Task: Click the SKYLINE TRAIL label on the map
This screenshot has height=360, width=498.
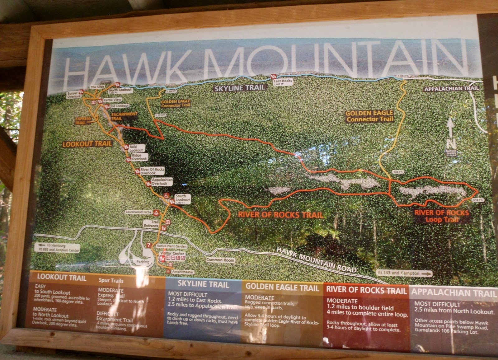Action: pyautogui.click(x=240, y=88)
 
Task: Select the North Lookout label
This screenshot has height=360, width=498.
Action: pyautogui.click(x=120, y=90)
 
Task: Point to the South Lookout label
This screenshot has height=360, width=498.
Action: pyautogui.click(x=182, y=198)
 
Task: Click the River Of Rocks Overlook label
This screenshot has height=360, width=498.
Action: pyautogui.click(x=152, y=171)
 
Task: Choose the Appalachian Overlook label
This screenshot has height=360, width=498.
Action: pyautogui.click(x=162, y=182)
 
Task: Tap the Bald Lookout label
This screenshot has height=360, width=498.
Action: pyautogui.click(x=136, y=148)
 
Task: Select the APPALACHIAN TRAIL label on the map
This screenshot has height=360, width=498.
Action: pyautogui.click(x=451, y=89)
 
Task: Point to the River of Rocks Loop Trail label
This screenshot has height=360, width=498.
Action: pyautogui.click(x=442, y=216)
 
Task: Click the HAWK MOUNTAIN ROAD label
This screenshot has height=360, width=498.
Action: pyautogui.click(x=316, y=259)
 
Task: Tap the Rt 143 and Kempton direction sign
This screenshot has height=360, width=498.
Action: pyautogui.click(x=404, y=273)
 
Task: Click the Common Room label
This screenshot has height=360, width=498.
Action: pyautogui.click(x=220, y=260)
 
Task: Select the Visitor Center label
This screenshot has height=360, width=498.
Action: pyautogui.click(x=172, y=253)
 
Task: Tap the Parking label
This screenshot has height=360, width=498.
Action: pyautogui.click(x=143, y=262)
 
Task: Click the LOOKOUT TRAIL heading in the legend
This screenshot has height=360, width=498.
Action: pyautogui.click(x=62, y=277)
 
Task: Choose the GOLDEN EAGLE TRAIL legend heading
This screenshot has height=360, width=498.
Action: pyautogui.click(x=282, y=287)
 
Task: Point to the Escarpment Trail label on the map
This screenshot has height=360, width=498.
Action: pyautogui.click(x=124, y=116)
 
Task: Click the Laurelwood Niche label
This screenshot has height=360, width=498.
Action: pyautogui.click(x=139, y=212)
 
